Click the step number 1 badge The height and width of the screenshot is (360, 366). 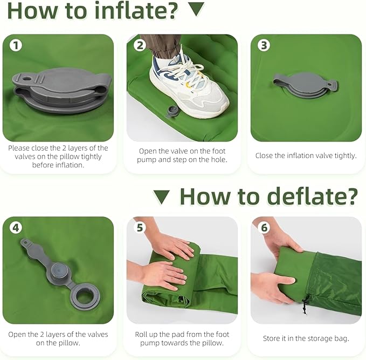coord(16,45)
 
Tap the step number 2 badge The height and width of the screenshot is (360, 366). coord(140,45)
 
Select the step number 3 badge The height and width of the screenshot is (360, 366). coord(264,45)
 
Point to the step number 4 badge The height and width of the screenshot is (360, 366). coord(16,227)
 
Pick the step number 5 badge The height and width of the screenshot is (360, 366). coord(140,227)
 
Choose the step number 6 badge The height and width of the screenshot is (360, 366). coord(264,227)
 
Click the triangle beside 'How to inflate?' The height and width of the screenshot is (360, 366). coord(196,9)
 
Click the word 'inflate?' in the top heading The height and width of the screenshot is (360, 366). coord(136,10)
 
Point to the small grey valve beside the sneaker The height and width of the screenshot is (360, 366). coord(171,111)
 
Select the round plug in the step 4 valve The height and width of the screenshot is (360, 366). coord(60,270)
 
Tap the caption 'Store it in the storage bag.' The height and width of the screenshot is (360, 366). coord(306,338)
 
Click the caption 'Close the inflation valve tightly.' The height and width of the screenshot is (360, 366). coord(306,155)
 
